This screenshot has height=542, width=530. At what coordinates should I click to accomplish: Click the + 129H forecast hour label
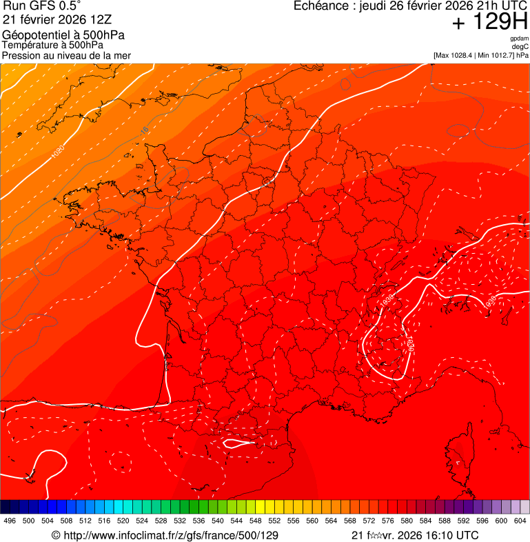[x=489, y=22]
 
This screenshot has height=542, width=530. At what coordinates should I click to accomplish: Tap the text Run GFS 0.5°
[x=42, y=7]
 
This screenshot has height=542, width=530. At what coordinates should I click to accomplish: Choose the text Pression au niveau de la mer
[x=66, y=55]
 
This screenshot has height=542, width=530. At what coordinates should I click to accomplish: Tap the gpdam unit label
[x=519, y=39]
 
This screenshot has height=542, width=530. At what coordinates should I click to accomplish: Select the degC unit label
[x=520, y=46]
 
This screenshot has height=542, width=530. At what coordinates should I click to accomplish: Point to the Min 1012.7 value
[x=495, y=54]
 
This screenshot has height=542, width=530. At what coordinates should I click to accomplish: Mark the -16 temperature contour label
[x=144, y=129]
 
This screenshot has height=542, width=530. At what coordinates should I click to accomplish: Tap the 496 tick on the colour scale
[x=10, y=521]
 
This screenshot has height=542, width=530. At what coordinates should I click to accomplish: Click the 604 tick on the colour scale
[x=520, y=521]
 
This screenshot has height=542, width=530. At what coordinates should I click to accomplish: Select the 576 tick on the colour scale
[x=388, y=521]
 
